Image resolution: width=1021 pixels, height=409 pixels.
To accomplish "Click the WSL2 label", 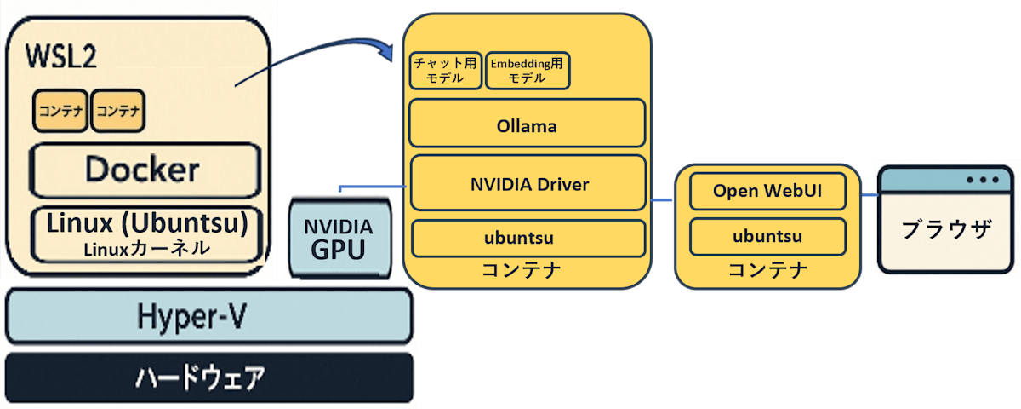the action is pyautogui.click(x=61, y=56).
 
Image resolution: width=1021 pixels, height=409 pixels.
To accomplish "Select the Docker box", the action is pyautogui.click(x=145, y=170).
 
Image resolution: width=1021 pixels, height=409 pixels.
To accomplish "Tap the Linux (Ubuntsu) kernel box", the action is pyautogui.click(x=146, y=234).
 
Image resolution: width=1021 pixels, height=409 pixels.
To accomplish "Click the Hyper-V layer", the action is pyautogui.click(x=209, y=316).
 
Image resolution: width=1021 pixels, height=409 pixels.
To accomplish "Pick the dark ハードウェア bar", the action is pyautogui.click(x=209, y=377).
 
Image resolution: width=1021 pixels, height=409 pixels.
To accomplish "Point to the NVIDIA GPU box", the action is pyautogui.click(x=340, y=239).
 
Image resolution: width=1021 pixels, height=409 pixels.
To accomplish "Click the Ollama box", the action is pyautogui.click(x=528, y=124).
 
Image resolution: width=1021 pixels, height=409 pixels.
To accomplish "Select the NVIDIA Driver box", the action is pyautogui.click(x=528, y=183).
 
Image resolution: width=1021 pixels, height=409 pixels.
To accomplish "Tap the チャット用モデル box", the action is pyautogui.click(x=445, y=70).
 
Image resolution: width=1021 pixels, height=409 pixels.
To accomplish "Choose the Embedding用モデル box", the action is pyautogui.click(x=528, y=70).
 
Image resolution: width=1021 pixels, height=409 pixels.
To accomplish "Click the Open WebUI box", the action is pyautogui.click(x=767, y=191).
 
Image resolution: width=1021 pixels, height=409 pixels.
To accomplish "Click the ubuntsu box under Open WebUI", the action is pyautogui.click(x=767, y=237).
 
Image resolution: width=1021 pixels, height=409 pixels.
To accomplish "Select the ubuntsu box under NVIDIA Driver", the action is pyautogui.click(x=528, y=239).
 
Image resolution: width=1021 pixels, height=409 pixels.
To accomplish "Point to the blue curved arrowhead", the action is pyautogui.click(x=386, y=52).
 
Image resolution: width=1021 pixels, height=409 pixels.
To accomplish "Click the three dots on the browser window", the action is pyautogui.click(x=983, y=180).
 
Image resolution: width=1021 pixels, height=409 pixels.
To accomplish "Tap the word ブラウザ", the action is pyautogui.click(x=947, y=228).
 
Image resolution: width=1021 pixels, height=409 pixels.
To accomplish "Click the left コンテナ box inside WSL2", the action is pyautogui.click(x=60, y=111).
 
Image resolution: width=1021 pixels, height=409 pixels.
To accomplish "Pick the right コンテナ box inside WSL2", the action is pyautogui.click(x=118, y=111).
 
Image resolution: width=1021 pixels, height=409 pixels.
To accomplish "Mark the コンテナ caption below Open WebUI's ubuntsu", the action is pyautogui.click(x=767, y=270).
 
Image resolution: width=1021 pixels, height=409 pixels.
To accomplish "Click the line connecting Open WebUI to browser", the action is pyautogui.click(x=870, y=195).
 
